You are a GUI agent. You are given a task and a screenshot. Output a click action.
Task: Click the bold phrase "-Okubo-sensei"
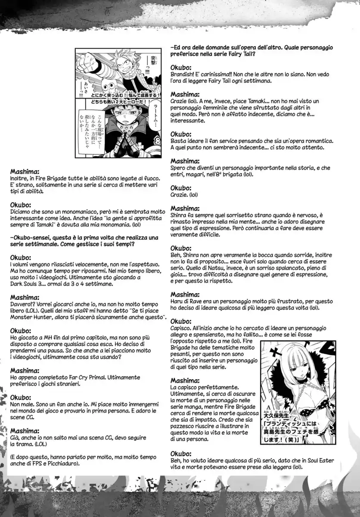tap(31, 237)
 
